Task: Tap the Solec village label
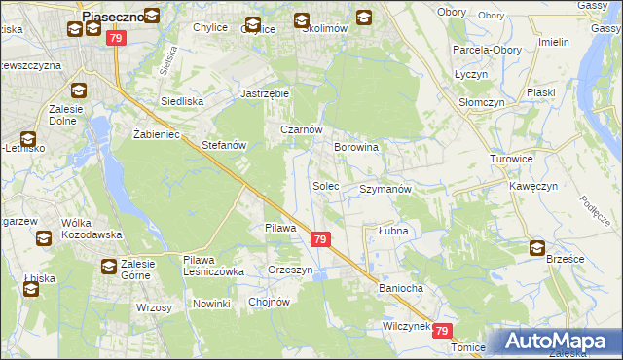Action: point(325,185)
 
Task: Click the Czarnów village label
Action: point(301,129)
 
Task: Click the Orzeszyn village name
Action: point(291,270)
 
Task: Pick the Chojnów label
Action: point(270,302)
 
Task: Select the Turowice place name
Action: point(511,159)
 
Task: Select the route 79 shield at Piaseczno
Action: point(117,38)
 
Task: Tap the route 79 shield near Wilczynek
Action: point(443,331)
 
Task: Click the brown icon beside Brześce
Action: point(538,248)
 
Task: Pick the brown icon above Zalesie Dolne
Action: point(79,92)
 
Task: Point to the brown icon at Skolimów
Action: point(301,19)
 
